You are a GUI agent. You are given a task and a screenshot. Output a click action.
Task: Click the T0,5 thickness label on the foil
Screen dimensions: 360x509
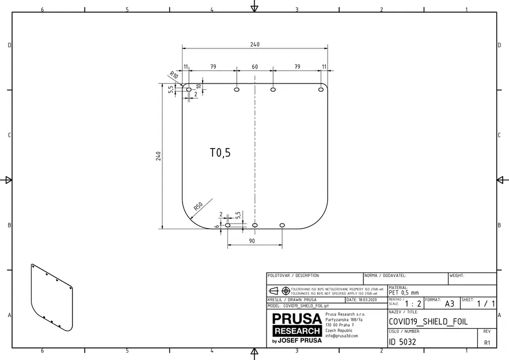220,153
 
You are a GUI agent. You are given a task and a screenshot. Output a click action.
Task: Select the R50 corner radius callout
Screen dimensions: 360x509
199,206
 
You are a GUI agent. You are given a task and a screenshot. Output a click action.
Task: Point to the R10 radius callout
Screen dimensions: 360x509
173,75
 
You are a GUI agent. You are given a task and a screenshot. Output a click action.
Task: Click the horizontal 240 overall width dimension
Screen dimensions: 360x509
254,44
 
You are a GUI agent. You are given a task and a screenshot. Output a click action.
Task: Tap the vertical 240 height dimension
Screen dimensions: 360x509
158,156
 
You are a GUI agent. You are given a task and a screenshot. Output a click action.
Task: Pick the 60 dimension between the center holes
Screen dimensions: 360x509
254,67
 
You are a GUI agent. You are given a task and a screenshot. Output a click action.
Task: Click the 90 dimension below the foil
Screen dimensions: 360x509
252,241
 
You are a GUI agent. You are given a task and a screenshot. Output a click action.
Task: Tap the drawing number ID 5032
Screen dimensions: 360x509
402,342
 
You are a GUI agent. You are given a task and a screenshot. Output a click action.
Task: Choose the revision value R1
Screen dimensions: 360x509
487,342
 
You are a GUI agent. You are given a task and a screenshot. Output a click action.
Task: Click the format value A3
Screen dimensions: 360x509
450,304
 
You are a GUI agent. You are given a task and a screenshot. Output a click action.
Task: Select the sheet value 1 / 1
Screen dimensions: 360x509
485,304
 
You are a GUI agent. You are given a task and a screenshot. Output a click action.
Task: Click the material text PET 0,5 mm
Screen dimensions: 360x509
404,293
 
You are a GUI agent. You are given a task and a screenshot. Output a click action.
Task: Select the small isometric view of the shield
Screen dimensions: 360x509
51,298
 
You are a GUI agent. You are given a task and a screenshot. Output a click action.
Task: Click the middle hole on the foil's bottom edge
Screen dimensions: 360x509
255,225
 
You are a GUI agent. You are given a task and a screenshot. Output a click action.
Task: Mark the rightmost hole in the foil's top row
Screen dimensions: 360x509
321,89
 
